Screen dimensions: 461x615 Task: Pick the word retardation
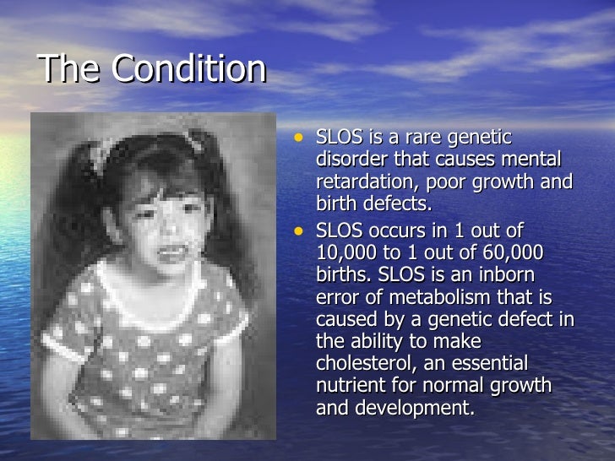click(x=364, y=183)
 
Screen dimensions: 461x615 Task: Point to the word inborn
click(x=508, y=274)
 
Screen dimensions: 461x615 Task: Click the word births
click(x=341, y=274)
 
